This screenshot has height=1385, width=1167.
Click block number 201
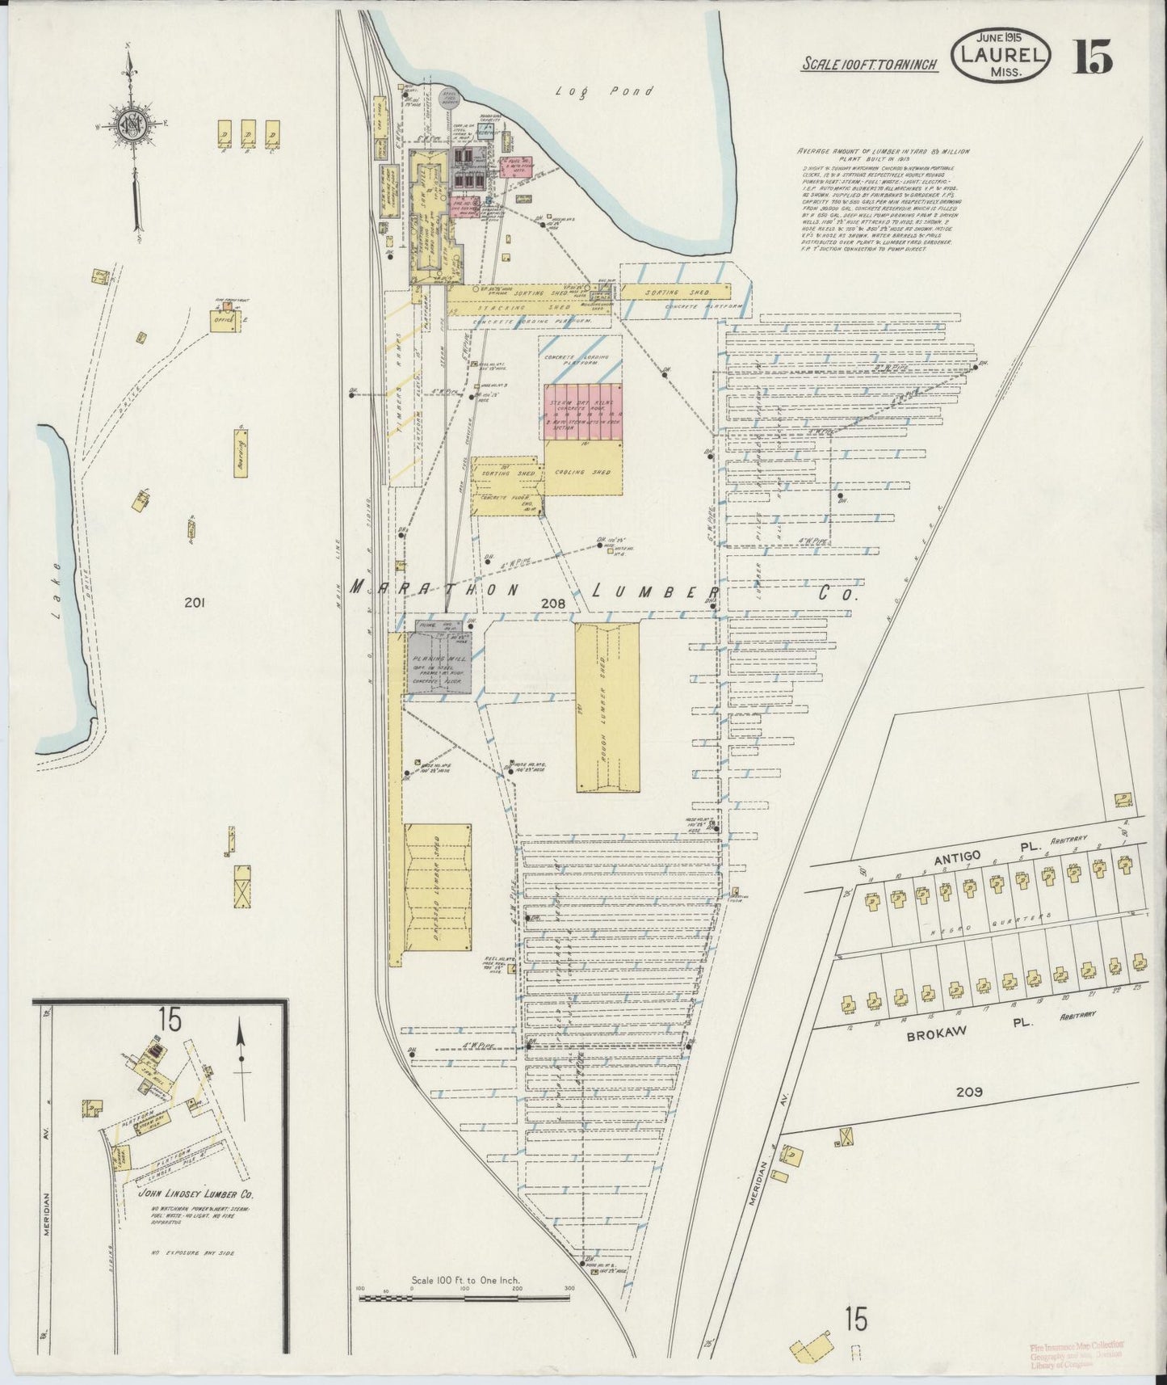[192, 602]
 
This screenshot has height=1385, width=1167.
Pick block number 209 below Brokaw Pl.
[969, 1092]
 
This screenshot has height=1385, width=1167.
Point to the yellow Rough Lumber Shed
[607, 707]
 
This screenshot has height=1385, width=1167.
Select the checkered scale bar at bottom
[464, 1298]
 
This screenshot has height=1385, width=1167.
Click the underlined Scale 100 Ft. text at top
[869, 65]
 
